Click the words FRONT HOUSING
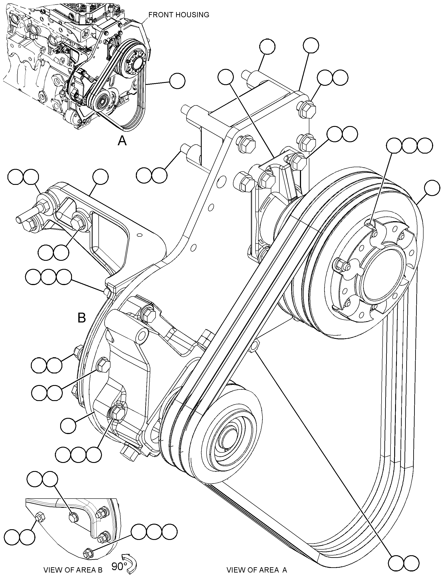coord(179,15)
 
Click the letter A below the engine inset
coord(122,141)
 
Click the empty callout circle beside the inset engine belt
coord(177,81)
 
